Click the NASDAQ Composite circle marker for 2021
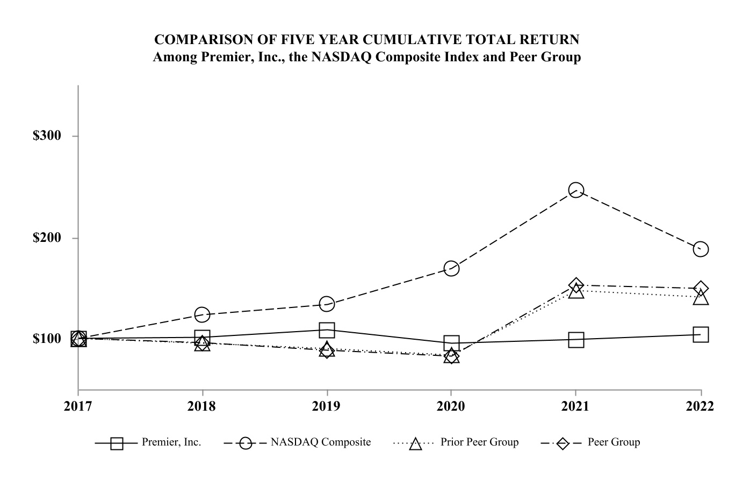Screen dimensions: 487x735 [x=576, y=190]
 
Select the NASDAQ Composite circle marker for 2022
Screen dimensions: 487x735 [x=701, y=249]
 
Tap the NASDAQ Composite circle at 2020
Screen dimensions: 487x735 [x=451, y=268]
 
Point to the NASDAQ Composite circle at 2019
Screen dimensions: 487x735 [x=327, y=304]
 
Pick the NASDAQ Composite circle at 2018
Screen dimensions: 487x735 [x=202, y=314]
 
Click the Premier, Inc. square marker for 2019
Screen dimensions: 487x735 [x=327, y=330]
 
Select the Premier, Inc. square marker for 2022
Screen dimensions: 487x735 [x=701, y=334]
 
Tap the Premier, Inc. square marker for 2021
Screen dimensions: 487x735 [x=576, y=340]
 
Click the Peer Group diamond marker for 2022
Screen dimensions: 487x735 [x=701, y=289]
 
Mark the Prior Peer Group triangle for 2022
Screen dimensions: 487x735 [x=701, y=297]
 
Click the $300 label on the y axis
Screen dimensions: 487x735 [x=47, y=135]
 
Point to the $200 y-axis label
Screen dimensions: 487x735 [x=47, y=238]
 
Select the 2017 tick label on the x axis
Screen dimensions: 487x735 [x=78, y=406]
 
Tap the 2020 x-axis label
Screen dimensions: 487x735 [x=451, y=406]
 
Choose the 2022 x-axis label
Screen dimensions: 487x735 [x=700, y=406]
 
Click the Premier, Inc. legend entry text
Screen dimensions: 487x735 [x=171, y=442]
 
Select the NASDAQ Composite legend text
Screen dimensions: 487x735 [x=321, y=442]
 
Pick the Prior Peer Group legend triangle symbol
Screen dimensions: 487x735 [x=415, y=443]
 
